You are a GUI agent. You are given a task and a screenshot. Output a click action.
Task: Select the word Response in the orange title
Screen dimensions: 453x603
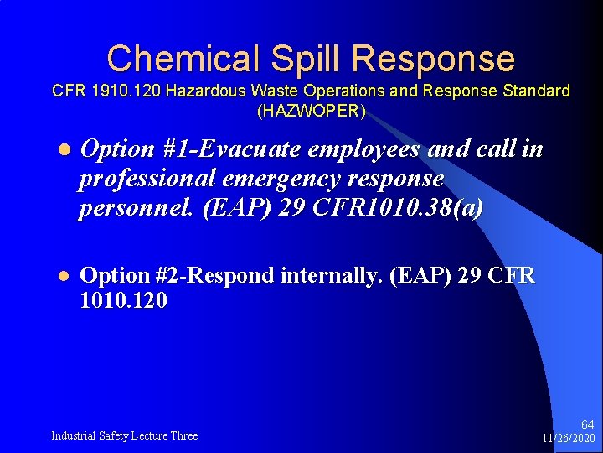[434, 59]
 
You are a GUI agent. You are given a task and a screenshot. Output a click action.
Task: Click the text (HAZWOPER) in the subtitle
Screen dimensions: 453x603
[312, 110]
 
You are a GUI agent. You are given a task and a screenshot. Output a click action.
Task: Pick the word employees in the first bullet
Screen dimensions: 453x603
[366, 149]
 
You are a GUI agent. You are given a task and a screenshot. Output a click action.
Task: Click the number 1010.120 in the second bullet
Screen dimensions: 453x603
[122, 300]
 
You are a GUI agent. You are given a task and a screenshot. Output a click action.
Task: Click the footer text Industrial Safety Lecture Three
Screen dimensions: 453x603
[125, 435]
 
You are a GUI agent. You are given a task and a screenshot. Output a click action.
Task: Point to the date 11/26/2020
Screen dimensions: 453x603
[568, 438]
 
